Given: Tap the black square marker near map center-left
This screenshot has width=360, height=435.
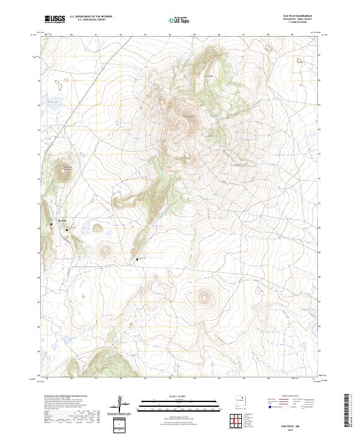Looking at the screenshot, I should [x=137, y=259].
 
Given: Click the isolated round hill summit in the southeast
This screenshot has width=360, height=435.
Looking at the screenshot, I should [x=206, y=296].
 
